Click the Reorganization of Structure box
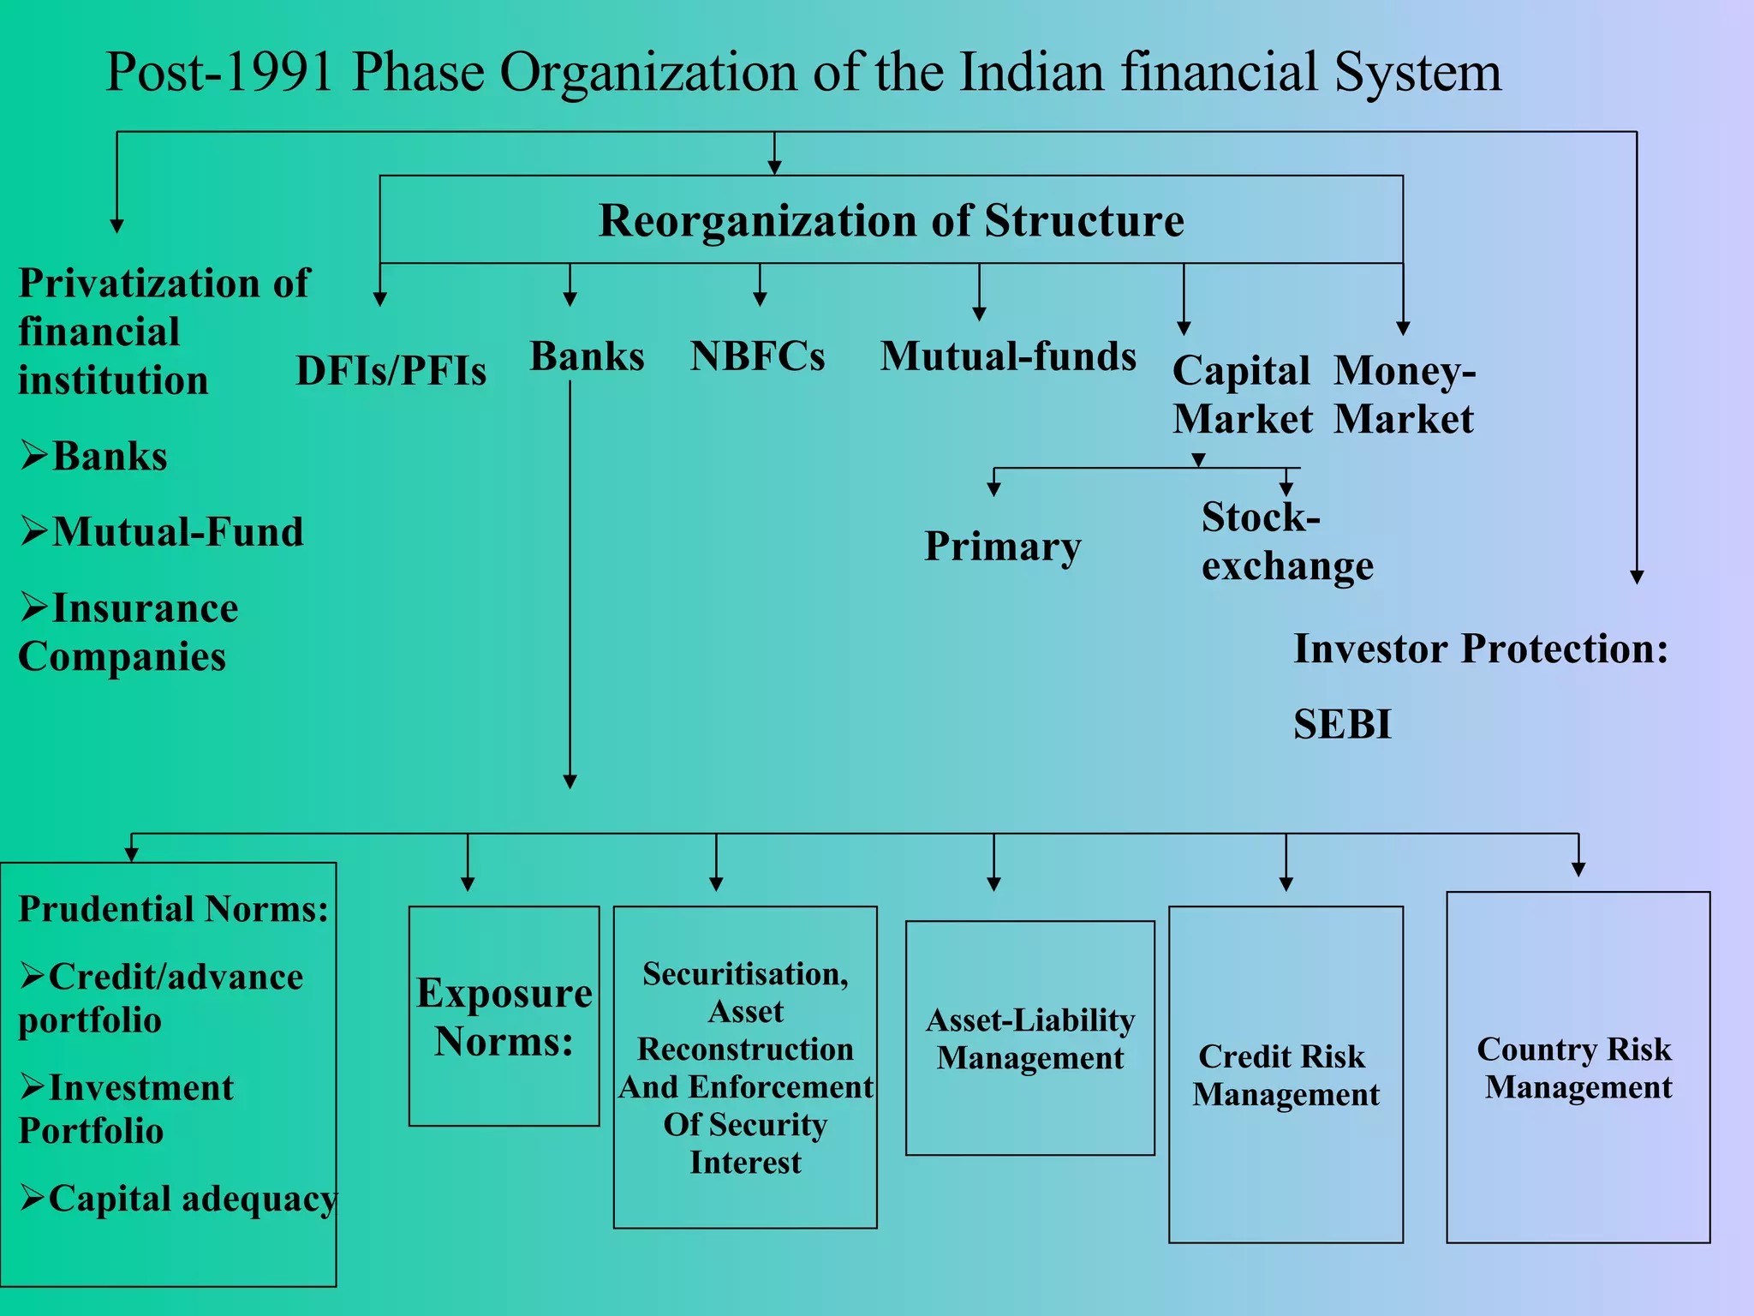pos(891,220)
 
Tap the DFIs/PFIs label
pos(391,371)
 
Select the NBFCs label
pos(757,356)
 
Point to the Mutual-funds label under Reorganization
pos(1008,356)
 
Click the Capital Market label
pos(1242,395)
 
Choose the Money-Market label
pos(1405,395)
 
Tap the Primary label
pos(1002,546)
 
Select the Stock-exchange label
pos(1286,541)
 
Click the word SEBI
pos(1342,725)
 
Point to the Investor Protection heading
pos(1480,649)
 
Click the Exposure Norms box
pos(504,1016)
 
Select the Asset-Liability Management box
pos(1029,1038)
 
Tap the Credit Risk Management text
pos(1285,1075)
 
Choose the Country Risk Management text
pos(1577,1068)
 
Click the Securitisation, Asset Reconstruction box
pos(745,1068)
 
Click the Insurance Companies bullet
pos(128,632)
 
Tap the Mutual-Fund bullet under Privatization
pos(163,532)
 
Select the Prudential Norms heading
pos(173,909)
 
